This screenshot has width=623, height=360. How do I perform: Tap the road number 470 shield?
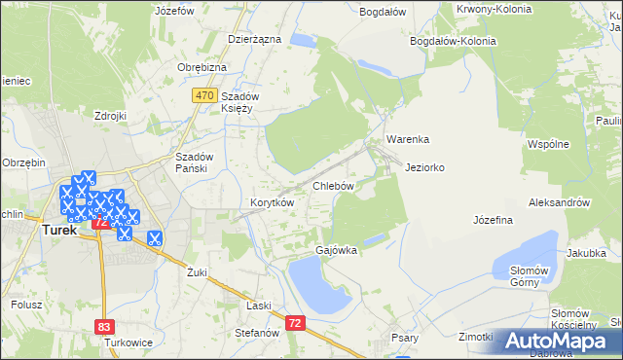(x=203, y=95)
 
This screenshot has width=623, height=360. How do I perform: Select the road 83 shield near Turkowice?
(x=104, y=328)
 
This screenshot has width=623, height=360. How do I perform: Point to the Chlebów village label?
(x=332, y=185)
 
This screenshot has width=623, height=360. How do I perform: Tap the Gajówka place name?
(x=336, y=250)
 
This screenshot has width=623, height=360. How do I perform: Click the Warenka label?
(x=408, y=139)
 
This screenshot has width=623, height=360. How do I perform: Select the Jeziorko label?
(x=425, y=167)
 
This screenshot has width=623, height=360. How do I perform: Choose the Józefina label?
(x=493, y=220)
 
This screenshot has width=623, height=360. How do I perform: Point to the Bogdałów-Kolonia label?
(x=454, y=41)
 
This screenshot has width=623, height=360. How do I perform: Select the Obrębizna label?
(x=202, y=66)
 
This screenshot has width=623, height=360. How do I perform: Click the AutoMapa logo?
(x=560, y=341)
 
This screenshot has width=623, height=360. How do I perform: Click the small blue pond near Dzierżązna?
(x=302, y=41)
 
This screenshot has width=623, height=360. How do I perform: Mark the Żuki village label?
(x=198, y=272)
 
